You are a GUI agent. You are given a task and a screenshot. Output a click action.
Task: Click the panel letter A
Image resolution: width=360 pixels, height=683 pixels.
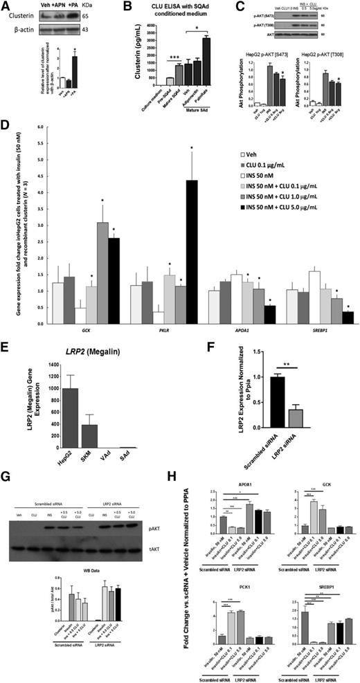[6, 6]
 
